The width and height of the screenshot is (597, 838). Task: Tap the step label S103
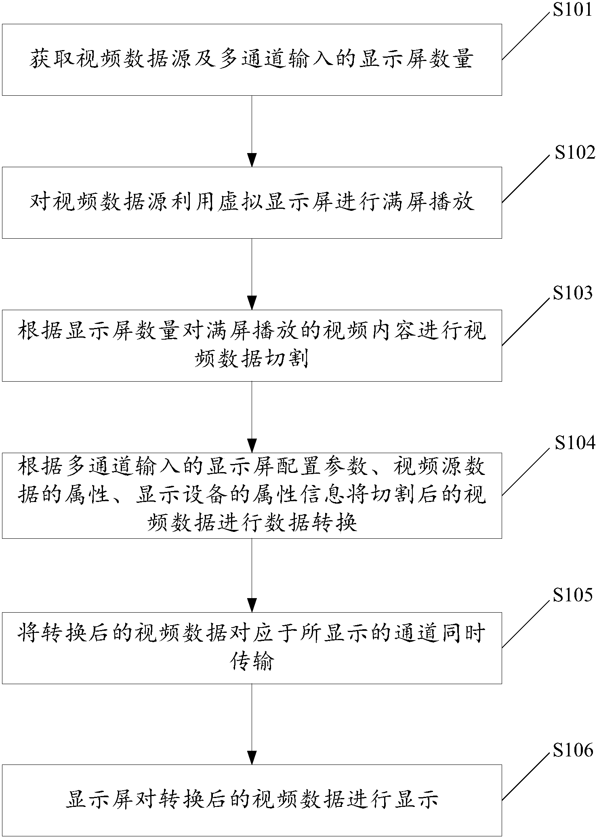(572, 294)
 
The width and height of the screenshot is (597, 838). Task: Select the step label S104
(575, 443)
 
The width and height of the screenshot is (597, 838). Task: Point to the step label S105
(572, 595)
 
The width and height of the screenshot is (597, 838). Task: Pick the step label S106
(572, 750)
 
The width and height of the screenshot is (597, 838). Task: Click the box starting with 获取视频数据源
(252, 60)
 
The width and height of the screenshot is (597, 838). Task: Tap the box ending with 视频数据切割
(252, 345)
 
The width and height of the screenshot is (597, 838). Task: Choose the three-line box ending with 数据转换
(252, 496)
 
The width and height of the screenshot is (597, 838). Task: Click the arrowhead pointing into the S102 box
(252, 160)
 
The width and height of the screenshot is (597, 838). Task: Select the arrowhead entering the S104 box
(252, 446)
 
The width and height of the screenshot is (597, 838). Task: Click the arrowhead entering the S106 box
(252, 758)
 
